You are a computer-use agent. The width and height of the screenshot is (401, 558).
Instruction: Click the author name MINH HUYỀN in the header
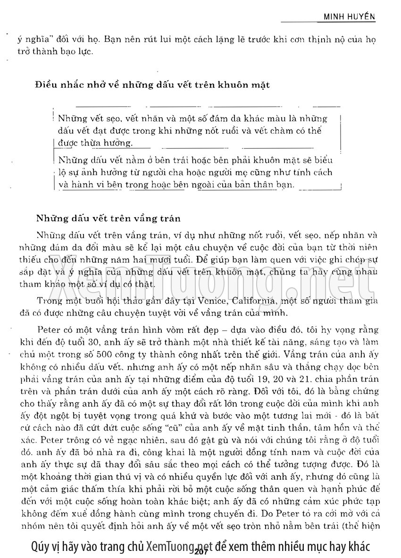349,16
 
